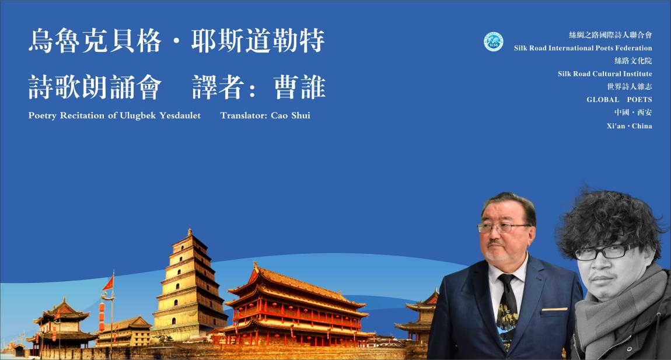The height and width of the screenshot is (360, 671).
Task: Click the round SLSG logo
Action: click(x=494, y=41)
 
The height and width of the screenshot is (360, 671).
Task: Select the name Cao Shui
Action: click(x=291, y=116)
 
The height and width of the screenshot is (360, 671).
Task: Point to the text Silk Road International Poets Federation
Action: click(x=583, y=48)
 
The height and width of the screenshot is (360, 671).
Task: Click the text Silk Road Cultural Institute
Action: click(x=604, y=74)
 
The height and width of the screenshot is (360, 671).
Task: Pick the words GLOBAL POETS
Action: click(x=619, y=100)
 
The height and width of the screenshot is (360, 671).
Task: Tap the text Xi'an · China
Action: click(x=629, y=126)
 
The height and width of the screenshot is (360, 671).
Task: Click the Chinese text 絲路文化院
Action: click(x=633, y=61)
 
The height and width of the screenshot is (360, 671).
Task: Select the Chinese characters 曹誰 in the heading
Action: click(x=299, y=88)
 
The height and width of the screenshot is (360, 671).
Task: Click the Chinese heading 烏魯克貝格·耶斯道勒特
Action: click(x=176, y=42)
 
